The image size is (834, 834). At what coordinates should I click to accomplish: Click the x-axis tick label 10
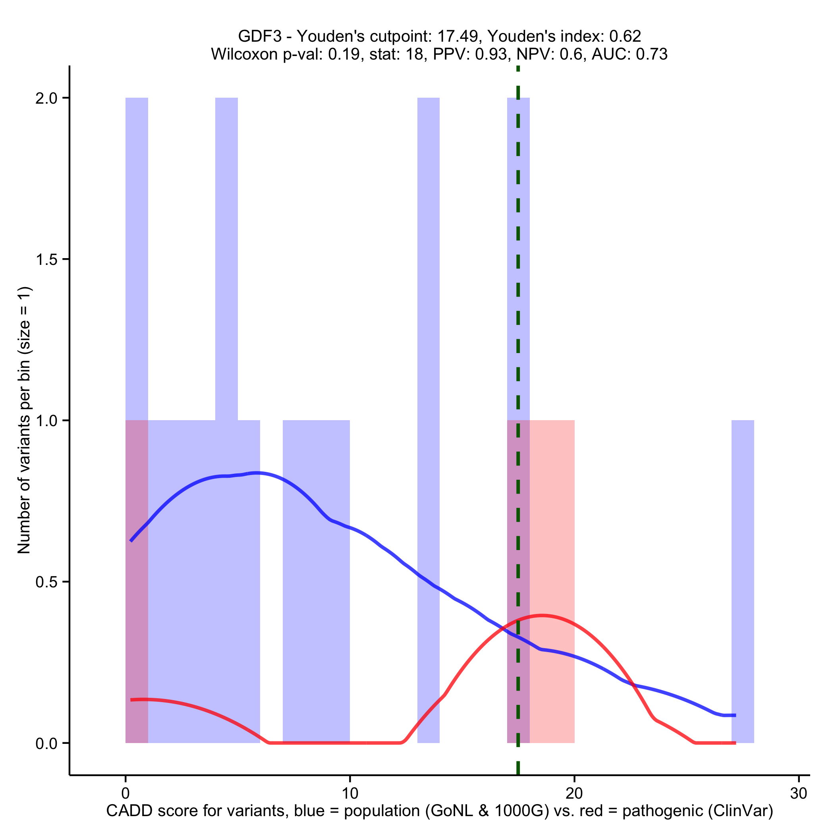[x=349, y=793]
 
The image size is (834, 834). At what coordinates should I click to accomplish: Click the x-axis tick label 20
[x=574, y=793]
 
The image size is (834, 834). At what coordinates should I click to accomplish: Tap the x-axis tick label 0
[x=125, y=793]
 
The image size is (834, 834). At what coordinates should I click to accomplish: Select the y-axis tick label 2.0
[x=46, y=98]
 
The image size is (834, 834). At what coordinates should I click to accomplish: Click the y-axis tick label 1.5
[x=46, y=259]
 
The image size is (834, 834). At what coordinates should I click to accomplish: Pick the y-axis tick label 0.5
[x=46, y=582]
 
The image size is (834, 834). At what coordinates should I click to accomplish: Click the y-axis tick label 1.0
[x=46, y=421]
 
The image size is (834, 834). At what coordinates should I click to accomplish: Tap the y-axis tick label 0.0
[x=46, y=743]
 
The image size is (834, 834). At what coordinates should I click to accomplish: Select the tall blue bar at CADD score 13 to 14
[x=428, y=302]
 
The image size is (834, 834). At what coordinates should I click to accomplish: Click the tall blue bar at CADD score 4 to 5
[x=226, y=259]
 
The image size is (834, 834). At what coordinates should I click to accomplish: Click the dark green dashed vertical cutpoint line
[x=518, y=346]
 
